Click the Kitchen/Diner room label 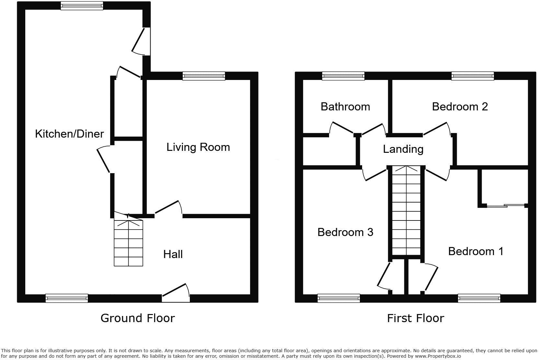pyautogui.click(x=69, y=134)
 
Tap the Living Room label pyautogui.click(x=198, y=147)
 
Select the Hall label pyautogui.click(x=173, y=254)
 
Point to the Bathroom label pyautogui.click(x=345, y=107)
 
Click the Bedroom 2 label pyautogui.click(x=460, y=107)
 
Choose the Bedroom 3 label pyautogui.click(x=345, y=232)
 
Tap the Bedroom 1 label pyautogui.click(x=476, y=251)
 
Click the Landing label pyautogui.click(x=403, y=149)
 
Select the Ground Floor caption pyautogui.click(x=138, y=318)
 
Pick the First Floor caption pyautogui.click(x=415, y=318)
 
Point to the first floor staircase pyautogui.click(x=406, y=210)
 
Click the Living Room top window pyautogui.click(x=203, y=76)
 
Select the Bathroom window pyautogui.click(x=343, y=76)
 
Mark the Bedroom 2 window pyautogui.click(x=473, y=76)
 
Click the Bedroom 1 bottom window pyautogui.click(x=479, y=298)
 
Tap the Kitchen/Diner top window pyautogui.click(x=82, y=6)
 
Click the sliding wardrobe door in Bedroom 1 pyautogui.click(x=505, y=205)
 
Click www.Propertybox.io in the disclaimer pyautogui.click(x=438, y=356)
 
